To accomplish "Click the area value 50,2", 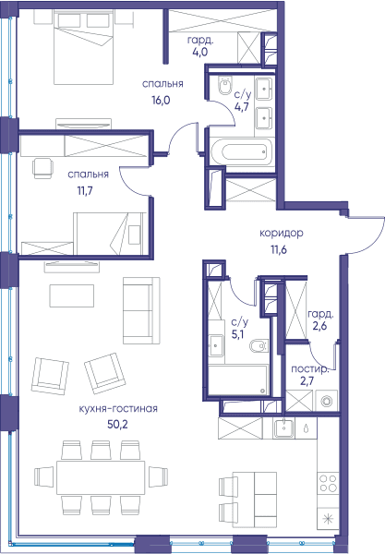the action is (117, 424).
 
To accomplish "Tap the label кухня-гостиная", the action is (118, 409).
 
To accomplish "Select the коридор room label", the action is (282, 234).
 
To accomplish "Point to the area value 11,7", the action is (85, 191).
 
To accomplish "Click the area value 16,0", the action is (161, 101).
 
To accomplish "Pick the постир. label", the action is (310, 369).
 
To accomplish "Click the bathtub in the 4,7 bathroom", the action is (242, 152).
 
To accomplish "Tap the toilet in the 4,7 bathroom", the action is (225, 86).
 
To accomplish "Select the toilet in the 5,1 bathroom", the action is (259, 346).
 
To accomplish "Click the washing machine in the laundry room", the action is (326, 401).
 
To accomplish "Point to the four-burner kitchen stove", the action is (328, 484).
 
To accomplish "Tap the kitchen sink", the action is (283, 428).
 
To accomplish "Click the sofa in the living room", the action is (141, 310).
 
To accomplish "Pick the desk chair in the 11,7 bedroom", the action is (43, 168).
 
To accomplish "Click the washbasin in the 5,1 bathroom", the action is (216, 345).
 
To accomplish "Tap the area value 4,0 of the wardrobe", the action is (200, 52).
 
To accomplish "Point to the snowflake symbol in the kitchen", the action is (329, 519).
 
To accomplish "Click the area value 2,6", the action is (319, 326).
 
